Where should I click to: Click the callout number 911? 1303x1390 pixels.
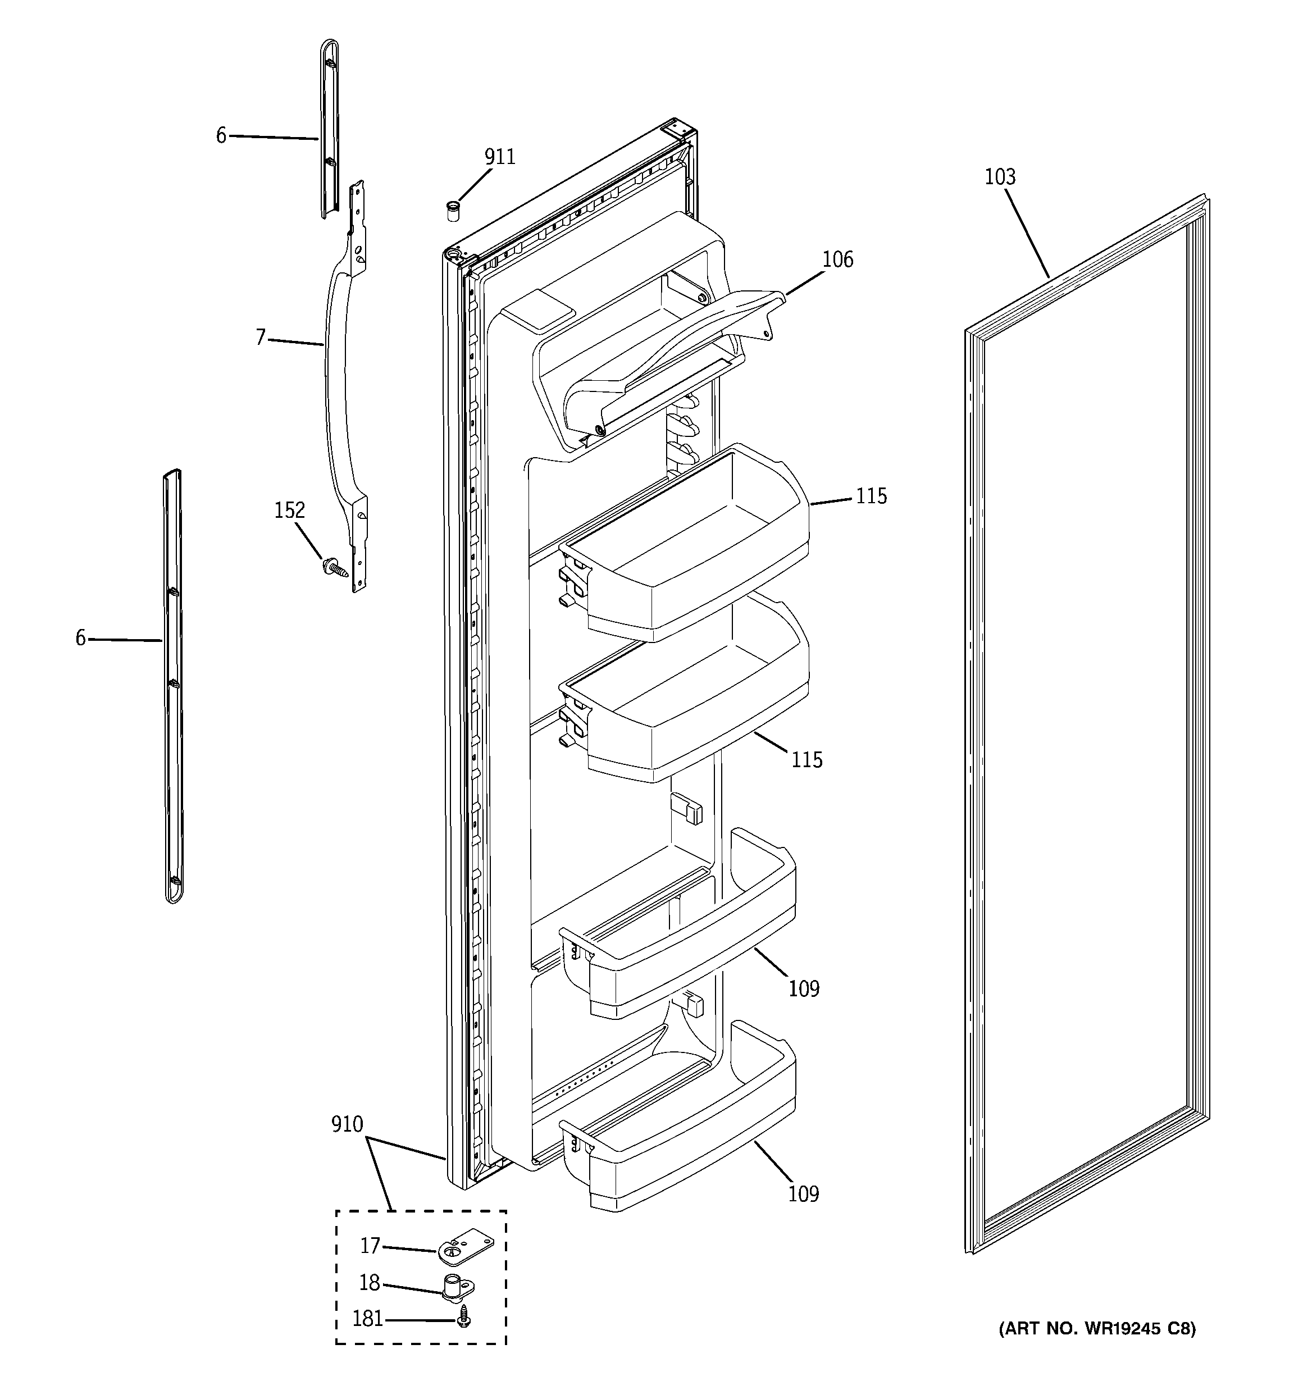(500, 157)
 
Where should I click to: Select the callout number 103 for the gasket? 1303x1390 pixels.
(1000, 177)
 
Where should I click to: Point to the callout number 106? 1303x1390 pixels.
(837, 260)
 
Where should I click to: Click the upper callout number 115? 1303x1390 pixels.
(871, 496)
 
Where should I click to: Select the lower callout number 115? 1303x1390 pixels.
(807, 760)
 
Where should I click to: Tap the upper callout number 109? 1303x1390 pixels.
(803, 988)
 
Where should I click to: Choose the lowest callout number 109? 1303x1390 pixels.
(803, 1193)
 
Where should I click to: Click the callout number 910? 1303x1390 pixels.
(347, 1125)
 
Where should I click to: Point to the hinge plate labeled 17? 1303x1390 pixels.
(464, 1250)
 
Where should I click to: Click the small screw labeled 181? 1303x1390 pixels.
(463, 1319)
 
